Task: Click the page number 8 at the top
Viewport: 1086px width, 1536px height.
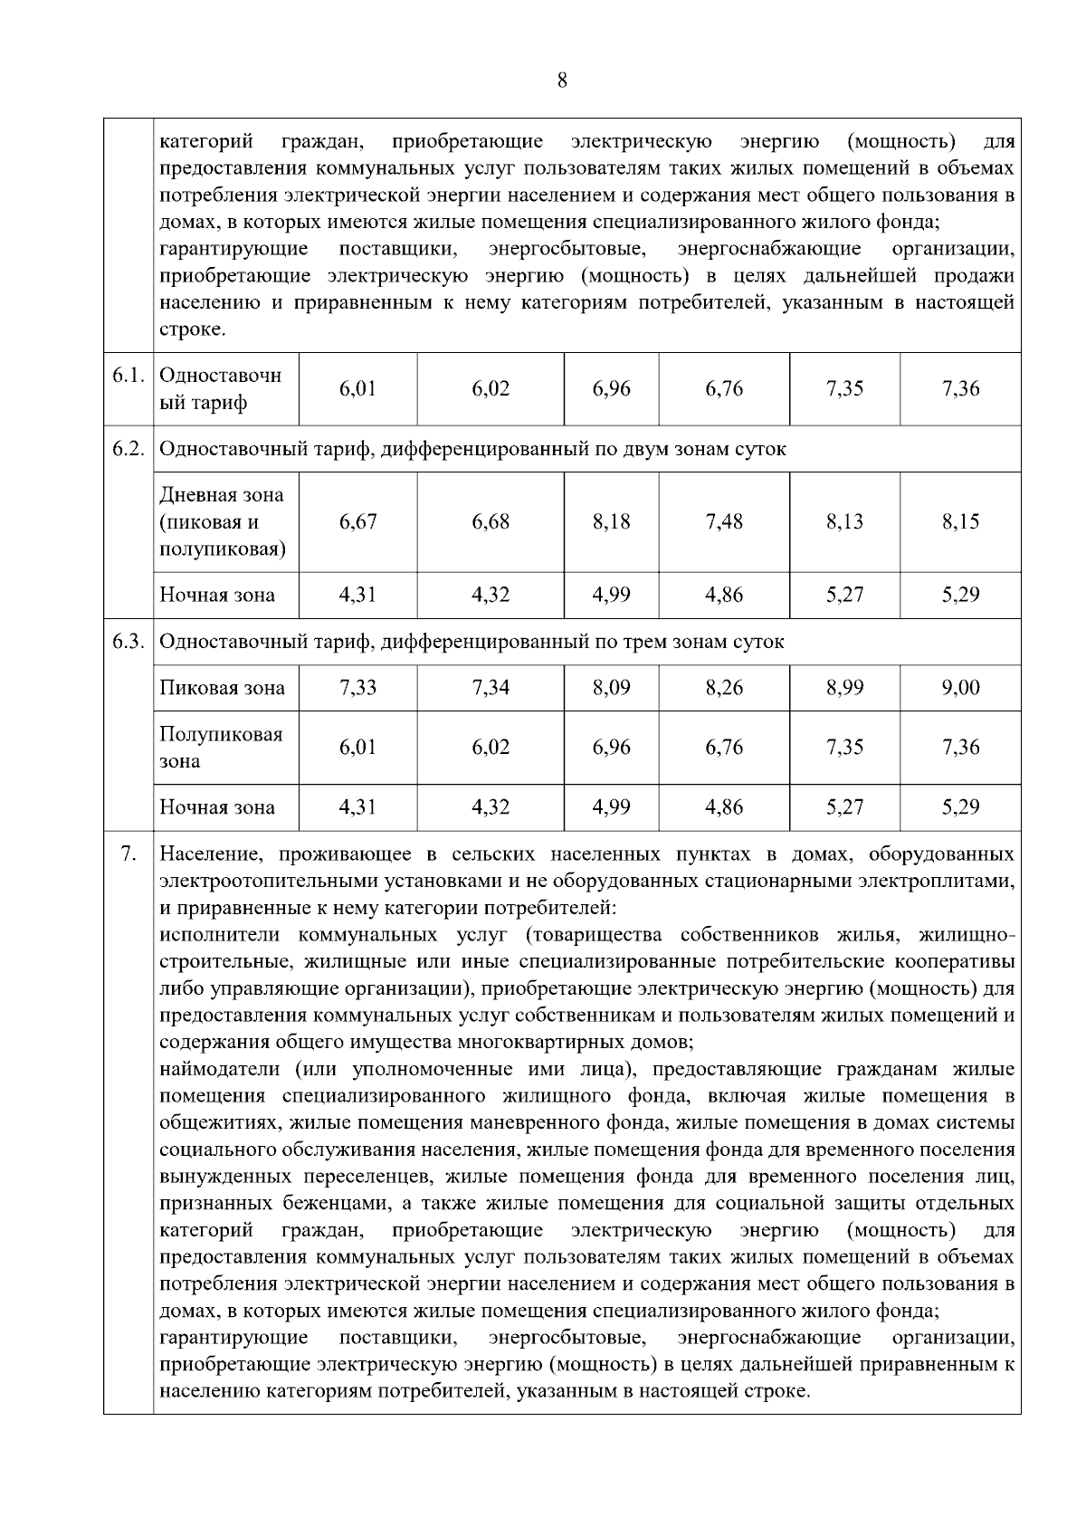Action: pyautogui.click(x=562, y=81)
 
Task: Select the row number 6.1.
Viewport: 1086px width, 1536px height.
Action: pyautogui.click(x=129, y=376)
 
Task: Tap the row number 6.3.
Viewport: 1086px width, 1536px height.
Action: pyautogui.click(x=129, y=642)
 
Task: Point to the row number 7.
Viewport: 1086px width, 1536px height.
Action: pyautogui.click(x=129, y=854)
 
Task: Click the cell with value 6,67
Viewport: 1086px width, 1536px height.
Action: pyautogui.click(x=357, y=521)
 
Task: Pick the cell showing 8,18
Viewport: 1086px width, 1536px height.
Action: pyautogui.click(x=611, y=521)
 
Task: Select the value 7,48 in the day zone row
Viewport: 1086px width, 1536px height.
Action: pyautogui.click(x=724, y=521)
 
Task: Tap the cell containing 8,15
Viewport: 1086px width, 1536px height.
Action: pyautogui.click(x=960, y=521)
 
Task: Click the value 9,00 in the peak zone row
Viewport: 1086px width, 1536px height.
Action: pyautogui.click(x=960, y=688)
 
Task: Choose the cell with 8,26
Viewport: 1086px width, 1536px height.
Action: pyautogui.click(x=724, y=688)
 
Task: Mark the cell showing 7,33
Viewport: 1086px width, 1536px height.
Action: pyautogui.click(x=357, y=688)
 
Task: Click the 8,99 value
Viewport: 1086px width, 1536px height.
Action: pyautogui.click(x=844, y=688)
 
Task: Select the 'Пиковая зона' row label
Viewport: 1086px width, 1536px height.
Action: pyautogui.click(x=222, y=688)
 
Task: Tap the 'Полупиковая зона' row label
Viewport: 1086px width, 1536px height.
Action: pyautogui.click(x=221, y=747)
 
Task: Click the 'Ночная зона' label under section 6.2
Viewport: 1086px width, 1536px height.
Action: pyautogui.click(x=217, y=595)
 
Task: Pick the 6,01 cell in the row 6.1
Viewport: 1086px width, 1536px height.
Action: pyautogui.click(x=357, y=388)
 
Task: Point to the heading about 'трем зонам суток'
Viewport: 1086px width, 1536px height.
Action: pyautogui.click(x=472, y=642)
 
